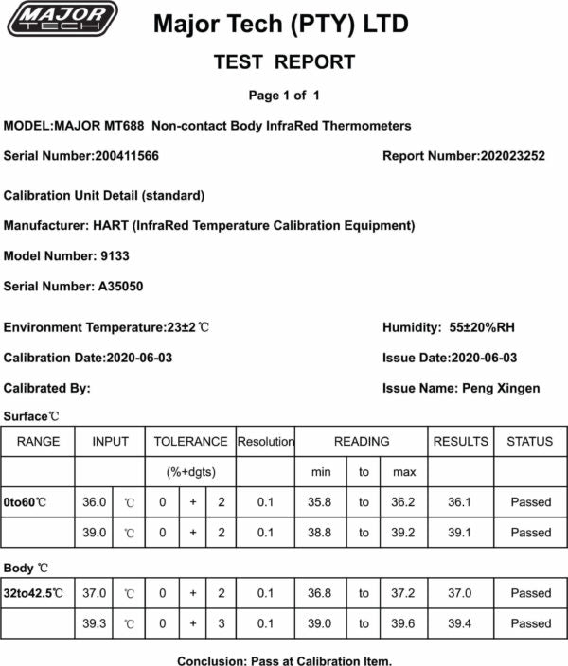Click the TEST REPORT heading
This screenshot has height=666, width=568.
pyautogui.click(x=284, y=62)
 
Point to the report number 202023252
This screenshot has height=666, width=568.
pyautogui.click(x=512, y=156)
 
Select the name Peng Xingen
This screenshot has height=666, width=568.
pyautogui.click(x=500, y=388)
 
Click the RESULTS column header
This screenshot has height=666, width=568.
pyautogui.click(x=460, y=442)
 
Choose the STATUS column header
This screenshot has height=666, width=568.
pyautogui.click(x=529, y=442)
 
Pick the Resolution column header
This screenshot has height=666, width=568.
pyautogui.click(x=265, y=442)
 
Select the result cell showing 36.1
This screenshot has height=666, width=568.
pyautogui.click(x=460, y=502)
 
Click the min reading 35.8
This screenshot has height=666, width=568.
pyautogui.click(x=322, y=502)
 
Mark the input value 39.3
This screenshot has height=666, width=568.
pyautogui.click(x=95, y=623)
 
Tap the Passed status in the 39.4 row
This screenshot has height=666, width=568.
pyautogui.click(x=530, y=623)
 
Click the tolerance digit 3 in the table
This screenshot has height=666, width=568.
pyautogui.click(x=221, y=623)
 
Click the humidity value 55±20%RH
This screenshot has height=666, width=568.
pyautogui.click(x=483, y=327)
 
